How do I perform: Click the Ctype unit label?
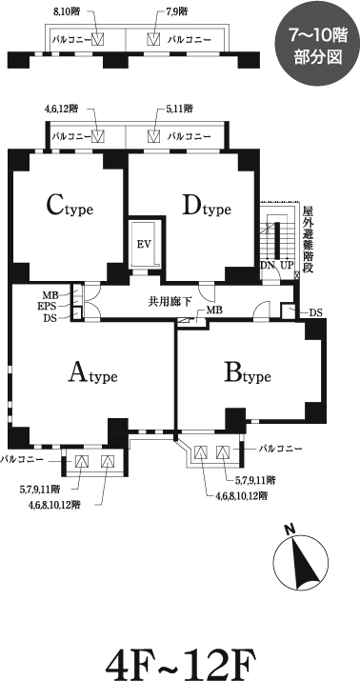click(x=70, y=205)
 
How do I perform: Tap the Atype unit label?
click(x=93, y=374)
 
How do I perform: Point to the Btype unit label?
click(x=248, y=374)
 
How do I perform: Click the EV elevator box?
click(x=145, y=244)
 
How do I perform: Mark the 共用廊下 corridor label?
click(x=169, y=303)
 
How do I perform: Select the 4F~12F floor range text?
click(x=179, y=660)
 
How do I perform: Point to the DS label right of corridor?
click(x=316, y=312)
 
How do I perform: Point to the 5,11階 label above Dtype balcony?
click(x=178, y=110)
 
